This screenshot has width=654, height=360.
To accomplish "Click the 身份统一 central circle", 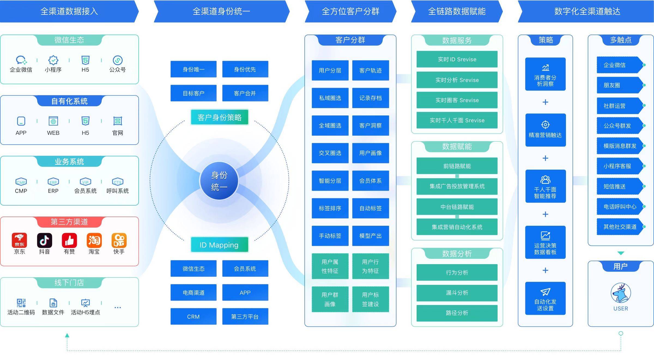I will click(219, 181).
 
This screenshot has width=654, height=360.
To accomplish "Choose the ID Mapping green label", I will click(219, 245).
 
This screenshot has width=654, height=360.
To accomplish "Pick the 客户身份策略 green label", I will click(219, 117).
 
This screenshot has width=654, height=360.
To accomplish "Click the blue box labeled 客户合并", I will click(245, 93).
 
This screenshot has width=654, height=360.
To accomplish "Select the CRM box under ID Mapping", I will click(193, 316).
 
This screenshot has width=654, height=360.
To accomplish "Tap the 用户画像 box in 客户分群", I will click(370, 153).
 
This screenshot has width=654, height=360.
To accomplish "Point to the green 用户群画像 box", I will click(330, 299).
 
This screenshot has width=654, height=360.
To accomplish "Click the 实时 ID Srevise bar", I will click(457, 59).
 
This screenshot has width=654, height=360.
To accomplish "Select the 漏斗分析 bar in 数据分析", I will click(457, 293).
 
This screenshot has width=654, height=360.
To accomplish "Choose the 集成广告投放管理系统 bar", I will click(457, 186).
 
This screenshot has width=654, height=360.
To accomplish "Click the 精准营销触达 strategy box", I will click(545, 130).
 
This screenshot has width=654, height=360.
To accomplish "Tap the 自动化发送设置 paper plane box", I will click(545, 298).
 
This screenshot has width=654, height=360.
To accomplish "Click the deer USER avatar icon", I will click(620, 293).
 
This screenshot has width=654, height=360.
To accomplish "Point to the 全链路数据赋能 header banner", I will click(457, 11).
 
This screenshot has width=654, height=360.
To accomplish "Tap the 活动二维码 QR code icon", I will click(21, 303).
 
